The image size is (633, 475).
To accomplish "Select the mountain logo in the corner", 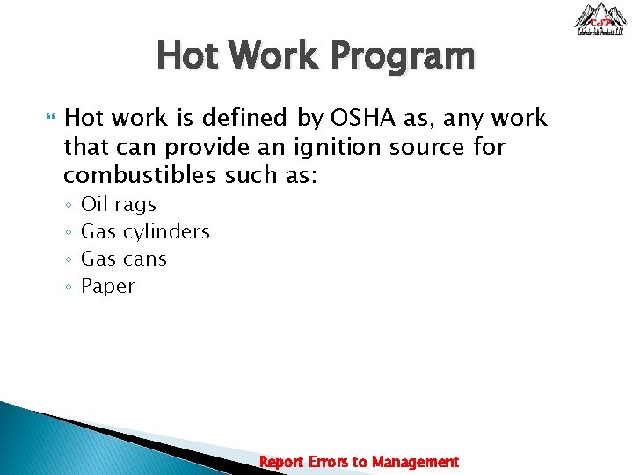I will [600, 19].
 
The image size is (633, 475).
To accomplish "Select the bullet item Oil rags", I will [118, 205].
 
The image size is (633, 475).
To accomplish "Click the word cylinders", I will [166, 232].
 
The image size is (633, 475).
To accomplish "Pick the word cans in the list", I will [144, 259].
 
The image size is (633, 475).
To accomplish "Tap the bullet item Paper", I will [107, 287].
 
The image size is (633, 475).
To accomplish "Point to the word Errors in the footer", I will [327, 462].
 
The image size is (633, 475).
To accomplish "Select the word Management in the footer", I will [415, 462].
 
